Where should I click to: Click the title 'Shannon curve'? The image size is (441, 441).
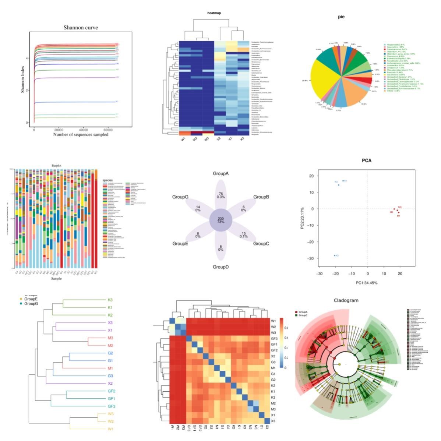tap(81, 28)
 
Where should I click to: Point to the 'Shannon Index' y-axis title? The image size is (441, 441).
tap(22, 77)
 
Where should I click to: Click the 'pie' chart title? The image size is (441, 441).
tap(341, 17)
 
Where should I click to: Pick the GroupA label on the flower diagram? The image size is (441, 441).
tap(221, 173)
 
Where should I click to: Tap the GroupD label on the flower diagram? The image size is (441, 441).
tap(221, 267)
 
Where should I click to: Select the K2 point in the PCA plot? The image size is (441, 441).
tap(335, 255)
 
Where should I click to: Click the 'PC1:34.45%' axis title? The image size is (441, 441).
tap(366, 283)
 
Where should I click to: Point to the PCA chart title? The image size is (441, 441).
tap(367, 161)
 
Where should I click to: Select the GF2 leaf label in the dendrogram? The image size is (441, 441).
tap(112, 391)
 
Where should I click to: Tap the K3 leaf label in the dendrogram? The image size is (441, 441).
tap(110, 300)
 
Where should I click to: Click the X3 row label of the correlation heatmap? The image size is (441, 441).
tap(274, 421)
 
